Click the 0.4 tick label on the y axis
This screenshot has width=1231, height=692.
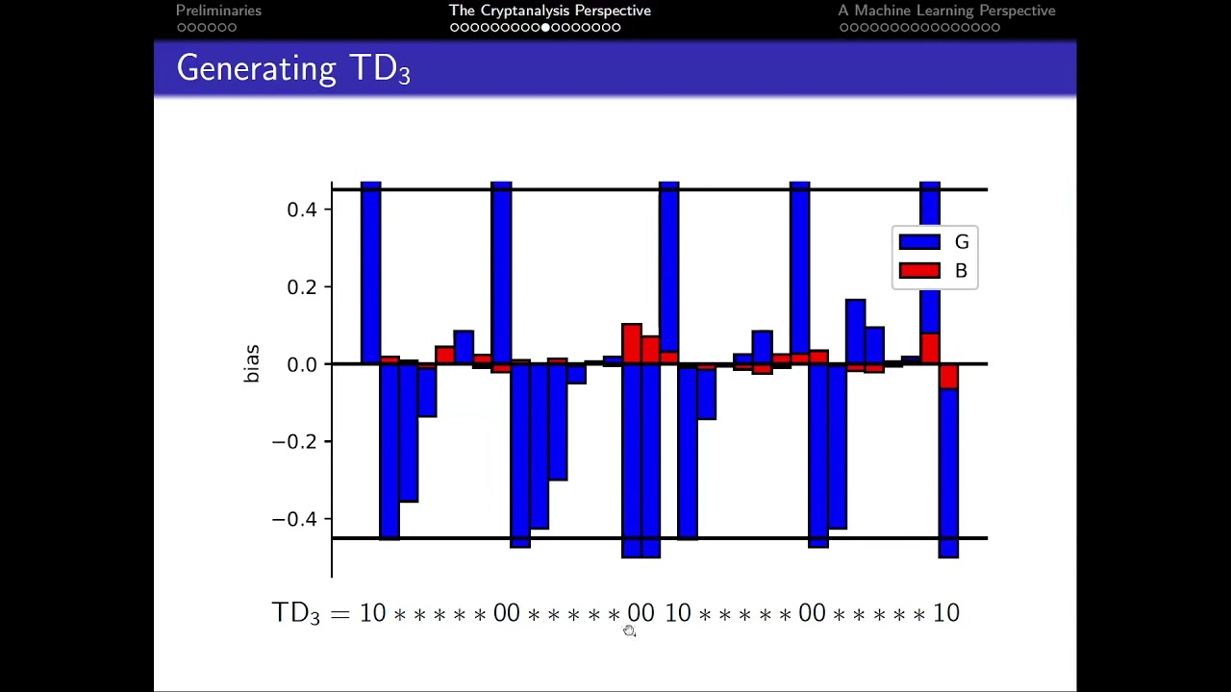click(302, 210)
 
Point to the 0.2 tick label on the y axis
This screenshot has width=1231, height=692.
click(302, 287)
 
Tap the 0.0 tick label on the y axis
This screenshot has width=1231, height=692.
click(302, 365)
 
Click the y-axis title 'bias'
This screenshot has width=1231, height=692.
click(252, 364)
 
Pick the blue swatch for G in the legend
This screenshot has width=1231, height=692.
click(918, 242)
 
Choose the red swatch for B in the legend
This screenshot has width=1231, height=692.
click(918, 271)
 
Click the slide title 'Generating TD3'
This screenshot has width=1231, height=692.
click(293, 69)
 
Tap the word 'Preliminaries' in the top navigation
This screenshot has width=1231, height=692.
click(218, 11)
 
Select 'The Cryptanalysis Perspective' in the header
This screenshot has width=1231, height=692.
click(550, 11)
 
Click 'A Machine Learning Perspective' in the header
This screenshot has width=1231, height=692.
click(946, 11)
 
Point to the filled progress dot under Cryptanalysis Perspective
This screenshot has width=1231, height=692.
click(546, 28)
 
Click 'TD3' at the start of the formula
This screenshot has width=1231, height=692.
click(295, 613)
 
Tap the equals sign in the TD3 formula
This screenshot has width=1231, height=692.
click(339, 613)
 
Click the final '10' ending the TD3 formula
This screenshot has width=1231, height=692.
click(946, 613)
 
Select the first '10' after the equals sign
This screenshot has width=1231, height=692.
click(372, 613)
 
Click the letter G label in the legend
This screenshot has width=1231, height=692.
click(961, 242)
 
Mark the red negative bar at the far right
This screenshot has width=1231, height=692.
click(948, 376)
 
